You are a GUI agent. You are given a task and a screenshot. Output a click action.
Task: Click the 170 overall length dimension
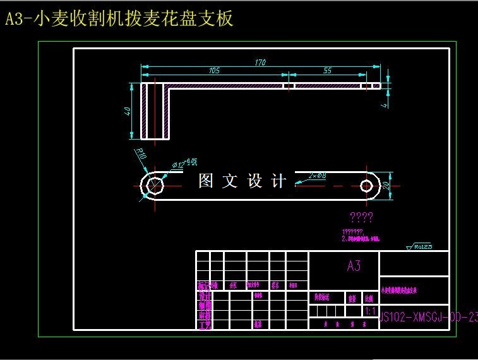pyautogui.click(x=260, y=62)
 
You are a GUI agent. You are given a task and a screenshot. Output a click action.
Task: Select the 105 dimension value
pyautogui.click(x=214, y=71)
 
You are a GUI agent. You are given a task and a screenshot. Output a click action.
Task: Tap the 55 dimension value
pyautogui.click(x=327, y=71)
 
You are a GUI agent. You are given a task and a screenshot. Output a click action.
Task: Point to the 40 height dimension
pyautogui.click(x=128, y=111)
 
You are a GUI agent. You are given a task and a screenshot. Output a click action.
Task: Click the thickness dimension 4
pyautogui.click(x=384, y=105)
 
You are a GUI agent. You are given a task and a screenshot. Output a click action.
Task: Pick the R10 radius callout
pyautogui.click(x=140, y=153)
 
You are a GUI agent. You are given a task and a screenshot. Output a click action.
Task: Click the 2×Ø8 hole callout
pyautogui.click(x=317, y=175)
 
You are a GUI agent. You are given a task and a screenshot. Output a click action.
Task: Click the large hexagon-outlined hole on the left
pyautogui.click(x=153, y=186)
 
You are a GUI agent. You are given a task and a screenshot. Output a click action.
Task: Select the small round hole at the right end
pyautogui.click(x=367, y=186)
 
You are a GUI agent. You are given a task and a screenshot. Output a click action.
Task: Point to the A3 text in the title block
pyautogui.click(x=354, y=266)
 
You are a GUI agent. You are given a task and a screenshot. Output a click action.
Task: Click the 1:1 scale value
pyautogui.click(x=371, y=311)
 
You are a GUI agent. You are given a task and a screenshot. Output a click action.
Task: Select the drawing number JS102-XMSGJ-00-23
pyautogui.click(x=428, y=318)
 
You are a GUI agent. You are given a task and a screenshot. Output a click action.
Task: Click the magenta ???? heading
pyautogui.click(x=361, y=218)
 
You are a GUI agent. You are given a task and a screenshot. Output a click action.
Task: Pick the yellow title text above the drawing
pyautogui.click(x=119, y=19)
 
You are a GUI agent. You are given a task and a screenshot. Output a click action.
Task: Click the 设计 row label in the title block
pyautogui.click(x=204, y=296)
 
